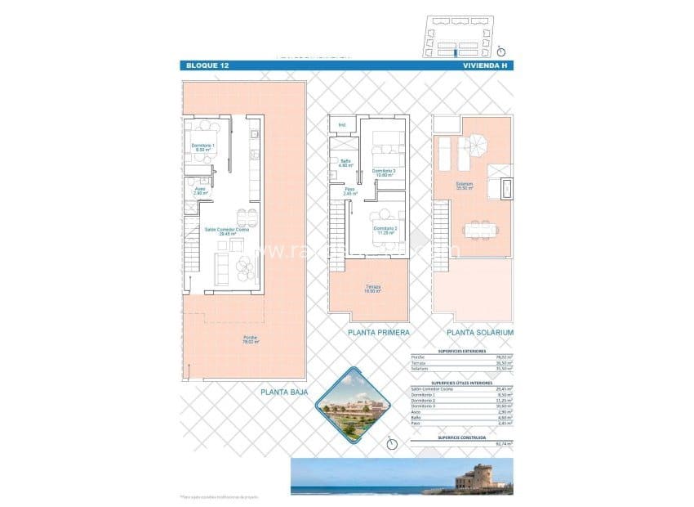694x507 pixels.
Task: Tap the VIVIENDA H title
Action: coord(485,65)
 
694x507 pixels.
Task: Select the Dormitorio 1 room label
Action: coord(203,147)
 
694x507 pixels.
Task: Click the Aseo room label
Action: coord(200,191)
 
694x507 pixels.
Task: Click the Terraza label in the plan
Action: coord(373,289)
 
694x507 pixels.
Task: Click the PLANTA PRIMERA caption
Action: coord(378,334)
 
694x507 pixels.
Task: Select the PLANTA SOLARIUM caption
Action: coord(479,334)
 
